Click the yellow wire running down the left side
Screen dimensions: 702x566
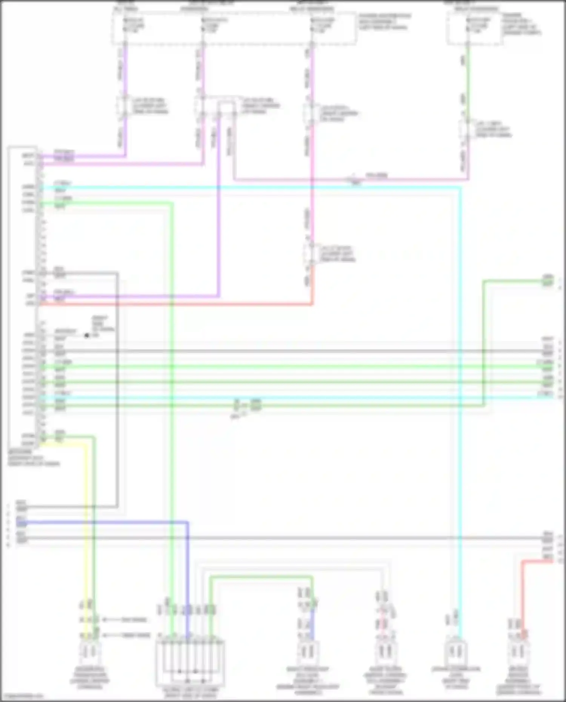[85, 528]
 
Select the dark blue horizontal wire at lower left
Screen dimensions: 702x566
[113, 522]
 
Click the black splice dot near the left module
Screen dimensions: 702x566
[87, 335]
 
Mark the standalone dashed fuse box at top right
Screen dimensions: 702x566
[475, 28]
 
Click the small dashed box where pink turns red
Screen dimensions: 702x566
[311, 254]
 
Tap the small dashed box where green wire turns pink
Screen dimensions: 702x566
[467, 129]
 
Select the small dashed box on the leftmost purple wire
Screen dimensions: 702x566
[124, 106]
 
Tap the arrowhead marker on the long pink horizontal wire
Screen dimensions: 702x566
[354, 179]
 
